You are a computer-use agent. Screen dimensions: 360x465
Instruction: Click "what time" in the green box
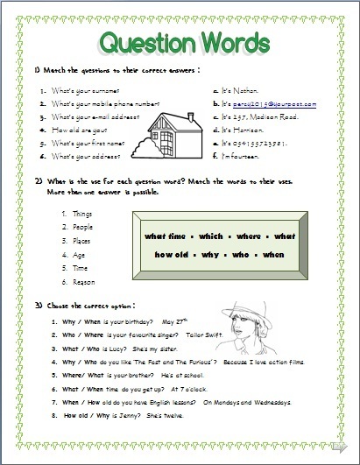click(x=165, y=236)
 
